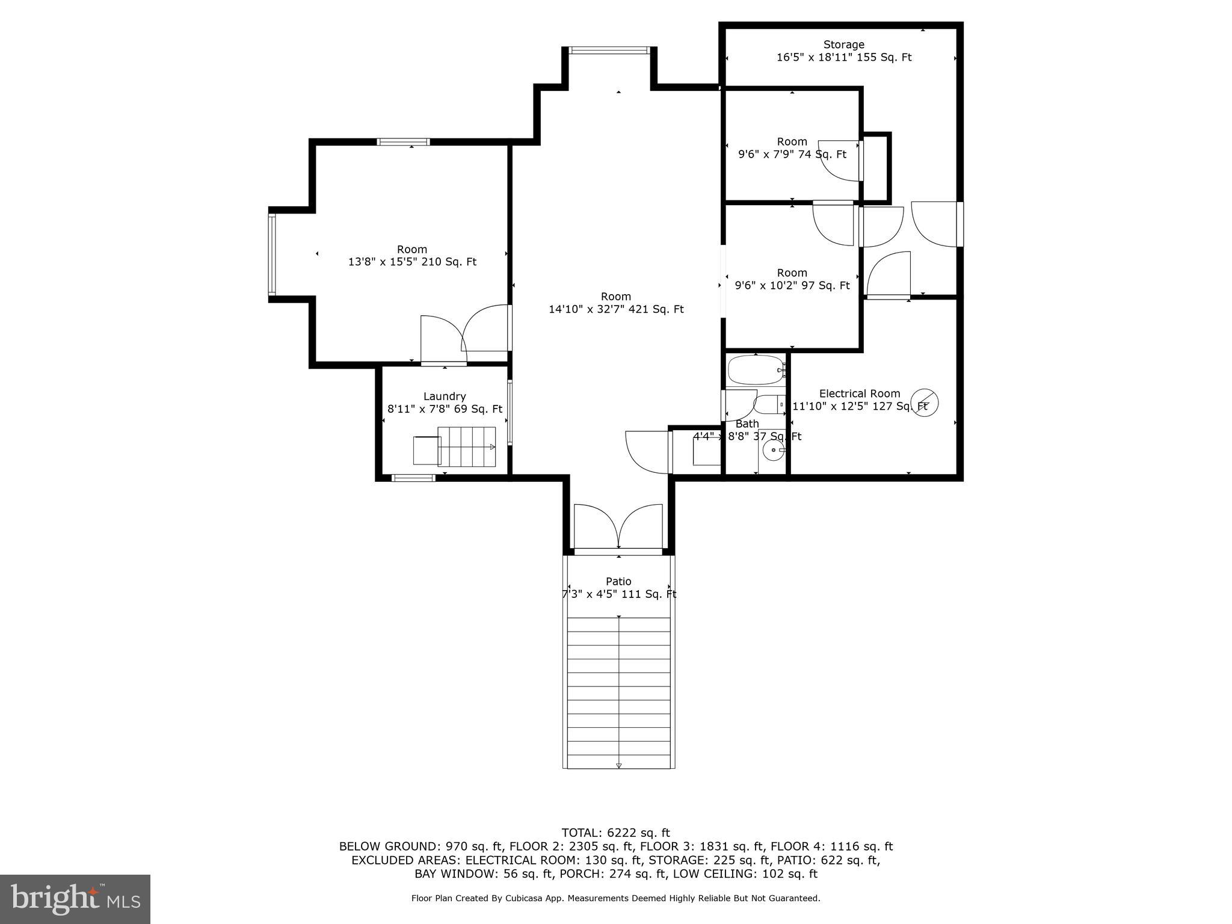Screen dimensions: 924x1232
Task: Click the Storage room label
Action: click(843, 45)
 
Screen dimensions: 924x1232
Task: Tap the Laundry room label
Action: click(444, 396)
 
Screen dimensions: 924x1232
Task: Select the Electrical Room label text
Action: click(859, 393)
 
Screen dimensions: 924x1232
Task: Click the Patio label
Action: click(618, 581)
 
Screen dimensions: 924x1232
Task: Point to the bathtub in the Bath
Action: click(756, 370)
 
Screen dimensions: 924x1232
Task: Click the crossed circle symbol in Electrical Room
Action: click(925, 401)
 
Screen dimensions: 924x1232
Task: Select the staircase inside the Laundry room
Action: click(466, 446)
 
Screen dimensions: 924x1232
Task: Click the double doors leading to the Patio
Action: click(618, 528)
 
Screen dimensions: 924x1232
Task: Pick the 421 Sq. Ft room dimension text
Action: click(616, 310)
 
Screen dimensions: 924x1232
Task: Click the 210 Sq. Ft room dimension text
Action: click(412, 262)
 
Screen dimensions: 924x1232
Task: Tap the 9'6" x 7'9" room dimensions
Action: click(792, 155)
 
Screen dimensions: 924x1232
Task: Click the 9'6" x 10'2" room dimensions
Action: click(792, 286)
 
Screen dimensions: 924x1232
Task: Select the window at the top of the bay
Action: click(609, 51)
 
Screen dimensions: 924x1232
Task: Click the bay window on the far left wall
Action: click(272, 254)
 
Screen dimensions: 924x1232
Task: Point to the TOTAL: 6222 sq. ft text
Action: click(615, 833)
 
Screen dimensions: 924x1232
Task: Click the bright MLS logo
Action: click(75, 899)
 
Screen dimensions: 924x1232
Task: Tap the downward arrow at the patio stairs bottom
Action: click(618, 766)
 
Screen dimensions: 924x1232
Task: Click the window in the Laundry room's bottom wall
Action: click(413, 478)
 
